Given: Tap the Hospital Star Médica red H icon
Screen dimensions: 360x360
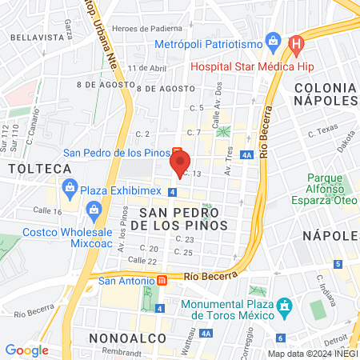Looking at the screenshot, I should [x=296, y=42].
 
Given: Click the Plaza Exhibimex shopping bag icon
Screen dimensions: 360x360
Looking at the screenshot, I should [x=70, y=191].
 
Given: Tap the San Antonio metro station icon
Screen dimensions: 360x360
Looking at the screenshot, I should [x=162, y=281].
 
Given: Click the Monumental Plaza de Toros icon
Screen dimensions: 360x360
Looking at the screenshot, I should [x=283, y=306].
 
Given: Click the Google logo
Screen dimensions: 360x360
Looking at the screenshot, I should [x=26, y=350].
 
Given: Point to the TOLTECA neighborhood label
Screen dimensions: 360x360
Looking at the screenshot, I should [x=40, y=168].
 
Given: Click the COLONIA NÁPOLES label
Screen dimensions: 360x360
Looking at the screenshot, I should [x=324, y=94].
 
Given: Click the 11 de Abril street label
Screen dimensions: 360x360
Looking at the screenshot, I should [x=150, y=68].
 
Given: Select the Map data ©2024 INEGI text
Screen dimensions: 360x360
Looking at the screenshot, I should [x=312, y=354].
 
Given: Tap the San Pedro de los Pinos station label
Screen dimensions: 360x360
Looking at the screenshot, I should [x=117, y=152].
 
